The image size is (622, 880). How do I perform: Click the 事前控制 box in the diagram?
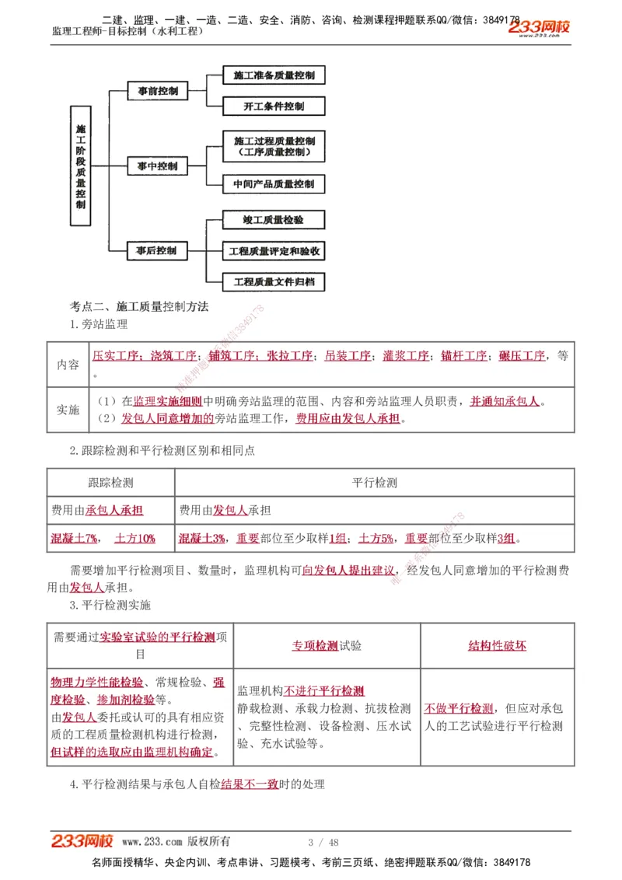click(158, 91)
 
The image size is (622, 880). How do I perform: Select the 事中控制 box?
click(158, 166)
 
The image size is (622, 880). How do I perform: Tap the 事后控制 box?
click(157, 250)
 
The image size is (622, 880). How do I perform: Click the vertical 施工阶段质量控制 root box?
click(82, 166)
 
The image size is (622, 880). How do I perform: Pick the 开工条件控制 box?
click(274, 107)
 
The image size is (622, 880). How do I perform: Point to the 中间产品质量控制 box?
click(274, 184)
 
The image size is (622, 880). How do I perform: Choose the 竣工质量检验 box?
click(274, 220)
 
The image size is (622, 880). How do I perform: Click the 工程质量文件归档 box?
click(274, 282)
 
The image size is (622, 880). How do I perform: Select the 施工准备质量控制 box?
click(274, 75)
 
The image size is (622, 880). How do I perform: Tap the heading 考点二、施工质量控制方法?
click(139, 307)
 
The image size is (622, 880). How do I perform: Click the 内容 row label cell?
click(68, 365)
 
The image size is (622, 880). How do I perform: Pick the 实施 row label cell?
click(68, 410)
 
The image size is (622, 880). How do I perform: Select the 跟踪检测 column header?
click(111, 483)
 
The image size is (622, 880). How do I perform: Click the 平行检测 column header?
click(375, 483)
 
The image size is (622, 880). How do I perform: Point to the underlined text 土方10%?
click(135, 537)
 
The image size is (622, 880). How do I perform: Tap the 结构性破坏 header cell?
click(497, 645)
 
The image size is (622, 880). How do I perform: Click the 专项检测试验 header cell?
click(327, 645)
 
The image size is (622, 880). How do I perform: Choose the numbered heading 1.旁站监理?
click(99, 324)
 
